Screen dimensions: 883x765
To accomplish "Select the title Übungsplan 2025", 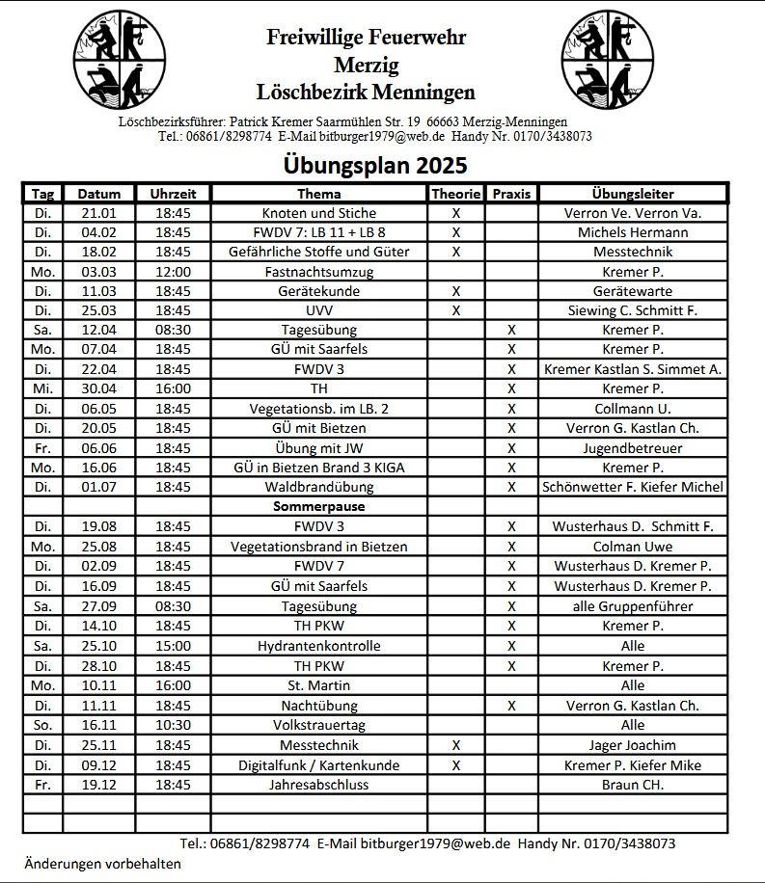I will pos(375,165).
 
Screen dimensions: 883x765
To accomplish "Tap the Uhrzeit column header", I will pos(173,194).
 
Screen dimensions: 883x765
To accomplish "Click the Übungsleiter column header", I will pos(632,194).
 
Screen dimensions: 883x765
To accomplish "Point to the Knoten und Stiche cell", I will pos(319,213).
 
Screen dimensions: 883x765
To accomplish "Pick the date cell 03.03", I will pos(98,272).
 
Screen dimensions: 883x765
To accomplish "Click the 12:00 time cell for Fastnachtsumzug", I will pos(173,272).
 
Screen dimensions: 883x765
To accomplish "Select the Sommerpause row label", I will pos(319,506).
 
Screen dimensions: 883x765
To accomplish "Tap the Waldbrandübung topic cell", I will pos(319,487).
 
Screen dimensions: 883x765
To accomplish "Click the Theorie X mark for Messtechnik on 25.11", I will pos(456,745).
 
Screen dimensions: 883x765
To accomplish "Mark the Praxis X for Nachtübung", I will pos(511,706).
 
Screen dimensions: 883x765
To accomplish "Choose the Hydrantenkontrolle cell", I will pos(319,646).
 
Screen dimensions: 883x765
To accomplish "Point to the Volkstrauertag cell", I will pos(319,725).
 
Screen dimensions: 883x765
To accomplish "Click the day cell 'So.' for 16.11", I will pos(42,725).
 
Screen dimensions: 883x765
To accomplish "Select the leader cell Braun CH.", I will pos(632,785).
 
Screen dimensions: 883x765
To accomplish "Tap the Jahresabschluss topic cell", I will pos(319,785).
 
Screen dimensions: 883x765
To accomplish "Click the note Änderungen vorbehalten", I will pos(102,863).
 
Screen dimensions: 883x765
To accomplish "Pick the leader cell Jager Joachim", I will pos(632,745).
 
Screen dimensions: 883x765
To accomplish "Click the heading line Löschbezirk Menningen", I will pos(366,93).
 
